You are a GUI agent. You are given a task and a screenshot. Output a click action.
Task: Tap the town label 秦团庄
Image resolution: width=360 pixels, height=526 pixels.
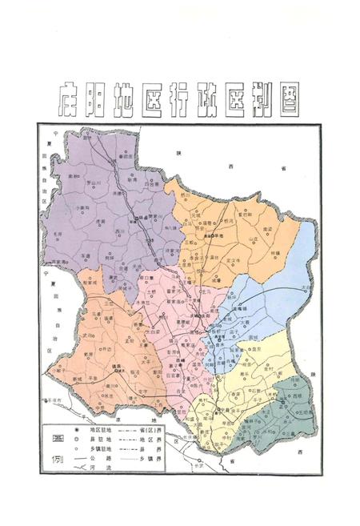[x=126, y=154]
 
